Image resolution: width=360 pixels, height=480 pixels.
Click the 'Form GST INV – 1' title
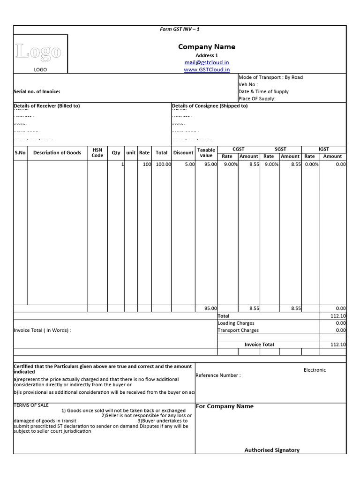pos(180,29)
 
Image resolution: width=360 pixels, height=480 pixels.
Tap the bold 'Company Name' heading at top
pos(207,46)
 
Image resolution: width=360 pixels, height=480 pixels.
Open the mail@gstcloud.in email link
pos(207,62)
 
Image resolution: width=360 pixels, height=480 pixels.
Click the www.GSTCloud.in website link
pos(207,69)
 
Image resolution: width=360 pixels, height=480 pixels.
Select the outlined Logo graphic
pos(38,52)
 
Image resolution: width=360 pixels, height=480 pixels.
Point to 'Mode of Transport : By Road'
pos(270,77)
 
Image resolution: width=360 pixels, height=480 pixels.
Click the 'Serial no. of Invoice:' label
pos(37,92)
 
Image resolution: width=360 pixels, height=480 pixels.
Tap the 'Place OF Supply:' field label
pos(257,99)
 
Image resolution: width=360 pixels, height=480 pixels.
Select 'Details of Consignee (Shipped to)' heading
pos(210,106)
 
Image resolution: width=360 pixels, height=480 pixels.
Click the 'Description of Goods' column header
pos(57,152)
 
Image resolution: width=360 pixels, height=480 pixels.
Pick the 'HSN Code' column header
pos(97,152)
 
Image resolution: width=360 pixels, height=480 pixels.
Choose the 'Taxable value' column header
pos(206,153)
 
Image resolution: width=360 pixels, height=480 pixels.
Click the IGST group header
pos(323,149)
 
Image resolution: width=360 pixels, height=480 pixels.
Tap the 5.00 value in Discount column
pos(189,165)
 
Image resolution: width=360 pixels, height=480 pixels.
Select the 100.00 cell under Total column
pos(163,165)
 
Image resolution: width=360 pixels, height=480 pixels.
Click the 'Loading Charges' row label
pos(236,323)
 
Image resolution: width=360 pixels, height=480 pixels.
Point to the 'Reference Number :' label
pos(218,375)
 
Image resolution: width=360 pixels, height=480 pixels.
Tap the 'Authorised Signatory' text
pos(272,450)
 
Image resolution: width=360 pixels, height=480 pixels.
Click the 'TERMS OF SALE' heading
pos(31,405)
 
